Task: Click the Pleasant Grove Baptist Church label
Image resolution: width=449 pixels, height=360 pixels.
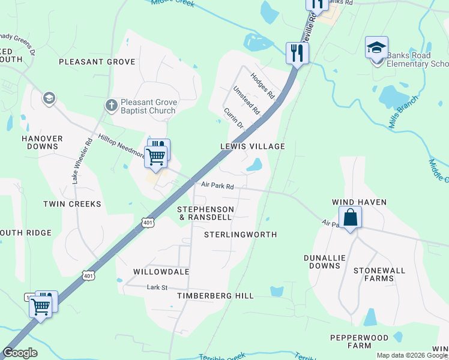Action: click(x=148, y=106)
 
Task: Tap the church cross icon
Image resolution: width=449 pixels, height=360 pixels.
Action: click(x=111, y=106)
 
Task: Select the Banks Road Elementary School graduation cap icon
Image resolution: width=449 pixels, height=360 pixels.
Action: click(x=376, y=47)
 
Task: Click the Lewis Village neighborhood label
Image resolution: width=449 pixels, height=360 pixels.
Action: click(x=252, y=146)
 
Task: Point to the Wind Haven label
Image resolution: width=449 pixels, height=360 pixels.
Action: click(x=360, y=203)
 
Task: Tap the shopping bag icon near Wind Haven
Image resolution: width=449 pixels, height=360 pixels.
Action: click(x=350, y=217)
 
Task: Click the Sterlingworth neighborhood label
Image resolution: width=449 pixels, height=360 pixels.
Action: click(x=241, y=235)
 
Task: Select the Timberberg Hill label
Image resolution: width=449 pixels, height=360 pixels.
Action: click(x=215, y=296)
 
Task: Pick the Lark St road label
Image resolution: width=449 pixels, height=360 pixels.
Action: click(x=157, y=287)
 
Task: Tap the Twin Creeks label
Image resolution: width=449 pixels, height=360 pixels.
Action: click(x=72, y=204)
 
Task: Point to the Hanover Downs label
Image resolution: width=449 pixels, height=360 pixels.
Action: click(x=42, y=142)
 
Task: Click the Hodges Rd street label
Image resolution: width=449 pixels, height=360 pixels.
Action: click(x=262, y=86)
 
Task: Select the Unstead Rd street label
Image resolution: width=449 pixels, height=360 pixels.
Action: click(x=246, y=100)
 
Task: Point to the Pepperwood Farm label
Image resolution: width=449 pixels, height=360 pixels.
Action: click(x=359, y=342)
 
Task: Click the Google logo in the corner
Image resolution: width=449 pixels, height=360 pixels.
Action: click(x=20, y=353)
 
